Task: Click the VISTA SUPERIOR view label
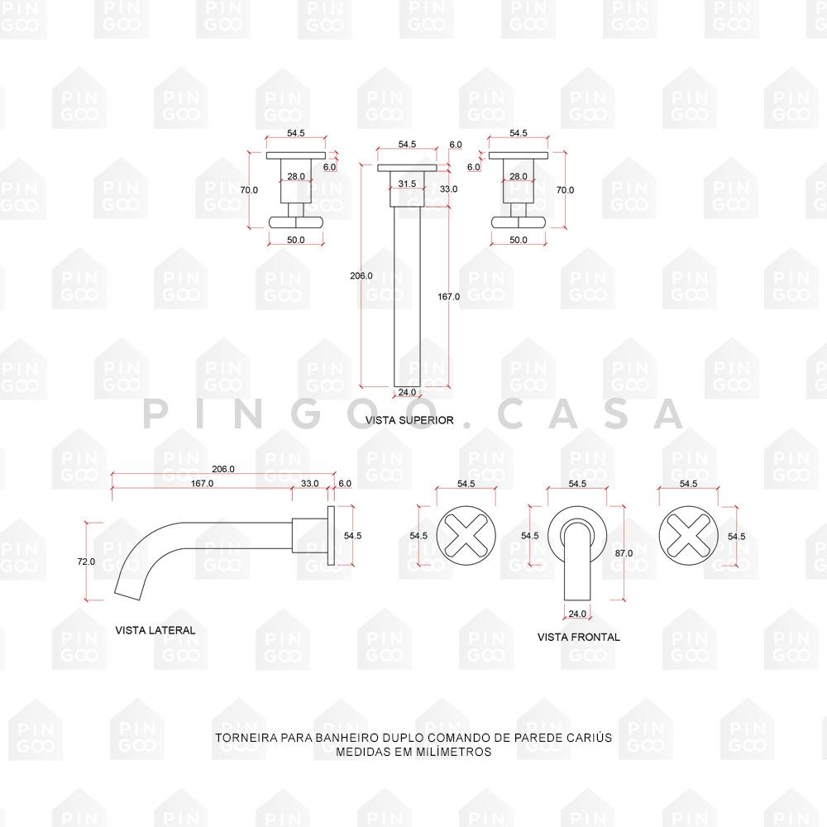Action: (x=409, y=420)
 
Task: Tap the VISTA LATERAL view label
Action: (x=155, y=630)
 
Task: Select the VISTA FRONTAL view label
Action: (x=578, y=637)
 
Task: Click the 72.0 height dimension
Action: (x=86, y=562)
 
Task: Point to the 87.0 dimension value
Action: (x=624, y=553)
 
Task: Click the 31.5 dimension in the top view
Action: (x=407, y=184)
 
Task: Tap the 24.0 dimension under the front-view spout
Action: (x=577, y=614)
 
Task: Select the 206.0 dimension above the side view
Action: (x=223, y=469)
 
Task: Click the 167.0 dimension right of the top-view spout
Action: (x=447, y=296)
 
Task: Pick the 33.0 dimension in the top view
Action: (x=448, y=189)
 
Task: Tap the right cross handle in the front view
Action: (x=688, y=536)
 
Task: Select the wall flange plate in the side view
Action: (x=332, y=536)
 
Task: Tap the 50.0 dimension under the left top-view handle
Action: (x=295, y=240)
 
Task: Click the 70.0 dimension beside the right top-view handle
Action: (x=565, y=190)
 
